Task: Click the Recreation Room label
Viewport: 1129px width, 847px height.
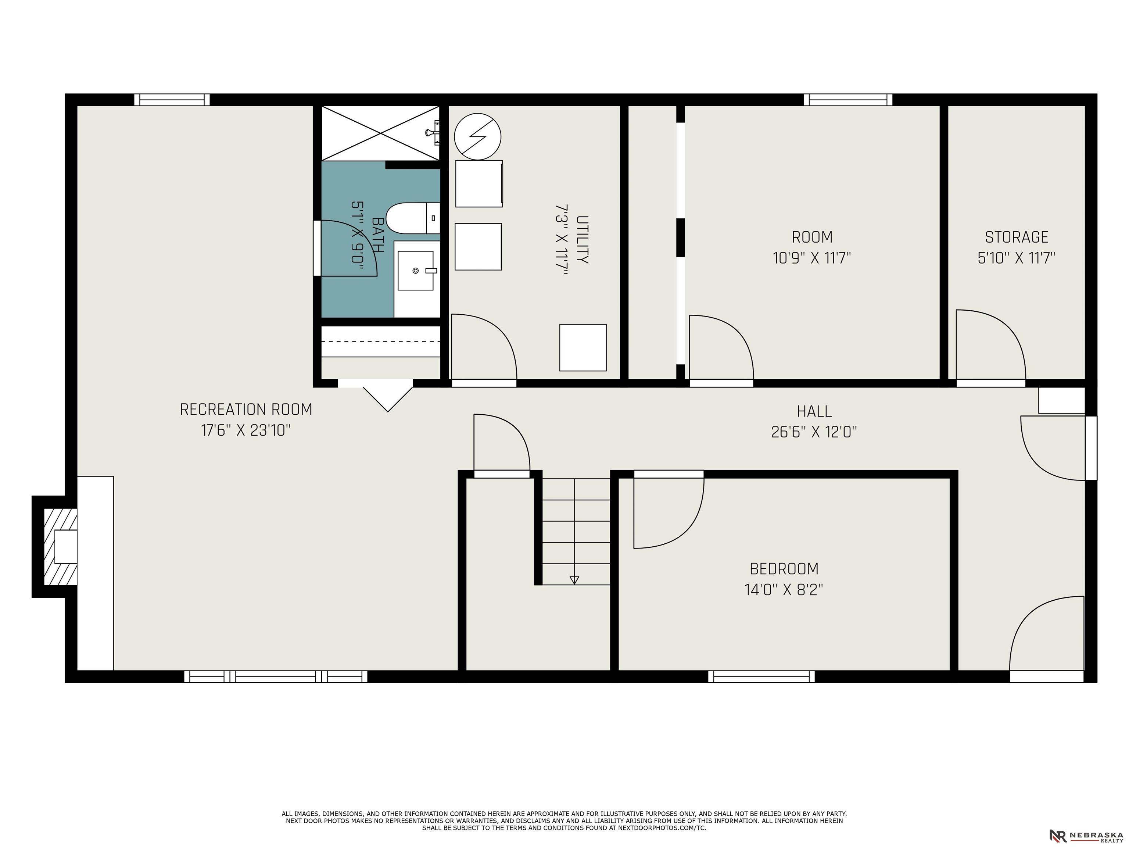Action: tap(246, 410)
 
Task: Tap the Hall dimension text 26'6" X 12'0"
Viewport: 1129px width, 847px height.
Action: tap(814, 432)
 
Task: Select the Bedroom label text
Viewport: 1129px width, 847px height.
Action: tap(784, 569)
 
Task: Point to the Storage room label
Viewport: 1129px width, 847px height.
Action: tap(1016, 237)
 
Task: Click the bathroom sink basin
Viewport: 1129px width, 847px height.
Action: tap(415, 271)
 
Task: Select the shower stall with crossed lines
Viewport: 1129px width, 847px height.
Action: tap(380, 133)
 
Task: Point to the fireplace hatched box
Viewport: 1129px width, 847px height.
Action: tap(60, 547)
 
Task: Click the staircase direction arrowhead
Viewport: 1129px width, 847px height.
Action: tap(574, 580)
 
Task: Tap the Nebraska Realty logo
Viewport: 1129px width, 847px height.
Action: tap(1086, 836)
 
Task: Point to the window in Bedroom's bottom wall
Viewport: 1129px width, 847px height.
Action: tap(761, 676)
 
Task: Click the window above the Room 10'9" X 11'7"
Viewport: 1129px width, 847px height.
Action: tap(848, 100)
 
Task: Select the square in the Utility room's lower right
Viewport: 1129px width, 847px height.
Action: tap(583, 348)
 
